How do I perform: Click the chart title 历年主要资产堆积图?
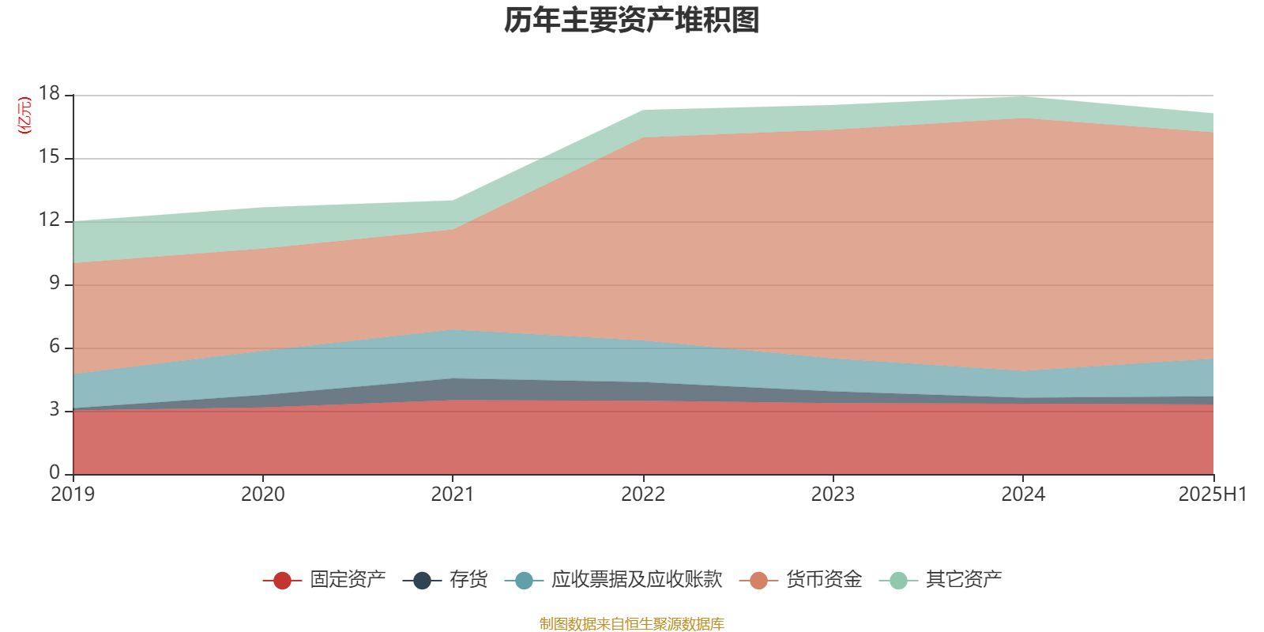click(632, 21)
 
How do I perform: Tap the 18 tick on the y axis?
click(49, 94)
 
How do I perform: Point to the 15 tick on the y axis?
click(49, 157)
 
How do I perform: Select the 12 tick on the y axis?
click(49, 220)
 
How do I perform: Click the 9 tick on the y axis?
click(55, 284)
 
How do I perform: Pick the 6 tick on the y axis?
click(55, 347)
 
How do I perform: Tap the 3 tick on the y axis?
click(55, 410)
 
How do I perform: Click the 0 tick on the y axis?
click(55, 472)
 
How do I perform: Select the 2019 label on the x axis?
click(73, 495)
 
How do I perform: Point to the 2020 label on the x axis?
click(263, 495)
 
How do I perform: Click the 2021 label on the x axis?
click(453, 495)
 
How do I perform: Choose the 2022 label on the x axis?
click(643, 495)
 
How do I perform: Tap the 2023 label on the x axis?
click(833, 495)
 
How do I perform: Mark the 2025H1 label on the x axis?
click(1212, 495)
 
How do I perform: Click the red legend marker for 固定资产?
click(282, 581)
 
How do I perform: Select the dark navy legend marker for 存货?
click(423, 581)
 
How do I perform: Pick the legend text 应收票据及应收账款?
click(637, 580)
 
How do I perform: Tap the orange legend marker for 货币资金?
click(758, 581)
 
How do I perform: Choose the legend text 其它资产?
click(964, 580)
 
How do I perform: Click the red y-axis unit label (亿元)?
click(24, 115)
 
